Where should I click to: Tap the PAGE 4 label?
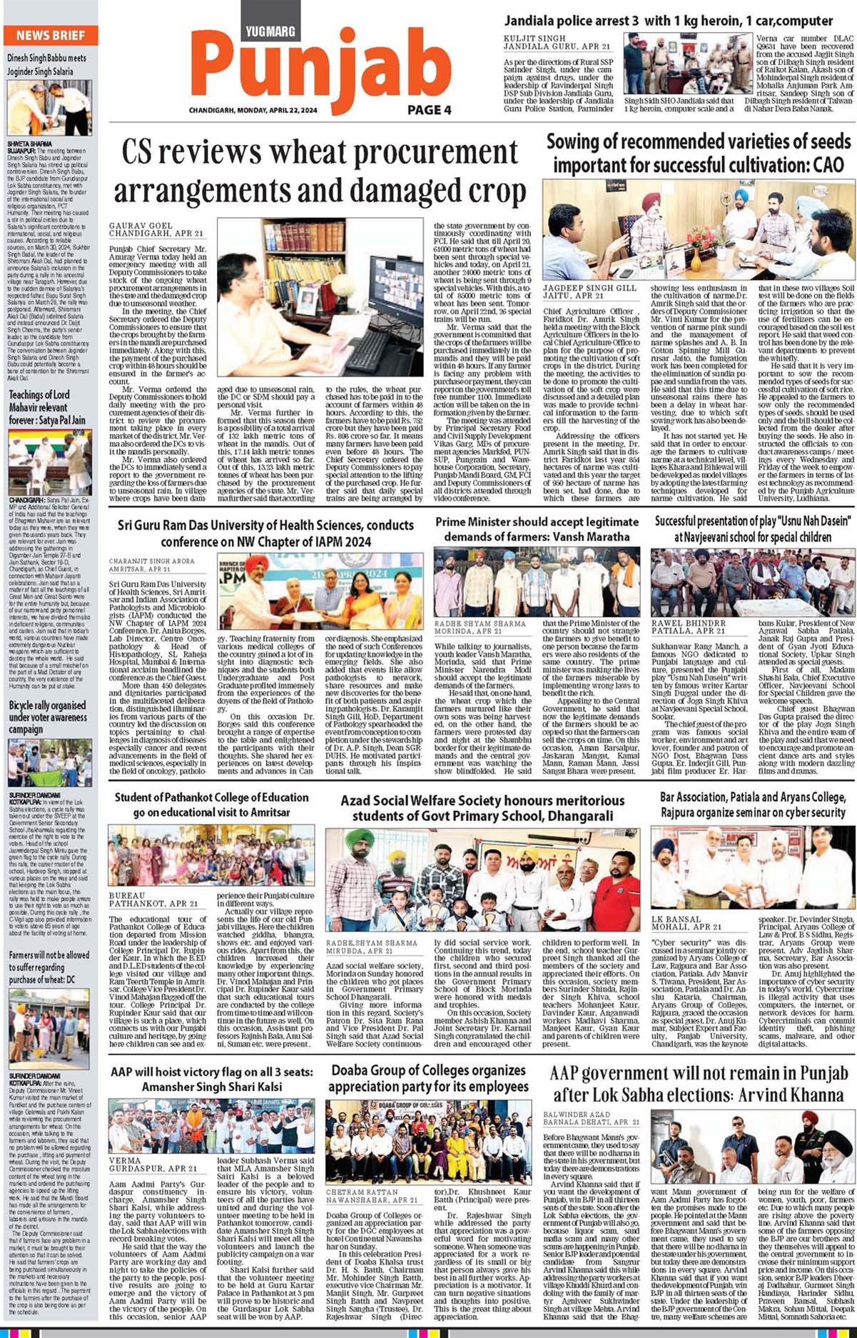430,110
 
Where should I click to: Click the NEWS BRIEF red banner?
50,35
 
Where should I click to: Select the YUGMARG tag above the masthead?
270,31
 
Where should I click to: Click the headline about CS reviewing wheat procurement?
320,172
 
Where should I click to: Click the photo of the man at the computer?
320,296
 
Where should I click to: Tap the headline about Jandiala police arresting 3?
669,21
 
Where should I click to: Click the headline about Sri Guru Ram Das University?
265,533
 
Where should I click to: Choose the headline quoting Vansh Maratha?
537,529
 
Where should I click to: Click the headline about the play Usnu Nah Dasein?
753,529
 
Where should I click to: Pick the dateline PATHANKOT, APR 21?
153,904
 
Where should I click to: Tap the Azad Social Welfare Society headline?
483,808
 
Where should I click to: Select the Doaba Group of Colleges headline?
428,1078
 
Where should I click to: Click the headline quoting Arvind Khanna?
699,1084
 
